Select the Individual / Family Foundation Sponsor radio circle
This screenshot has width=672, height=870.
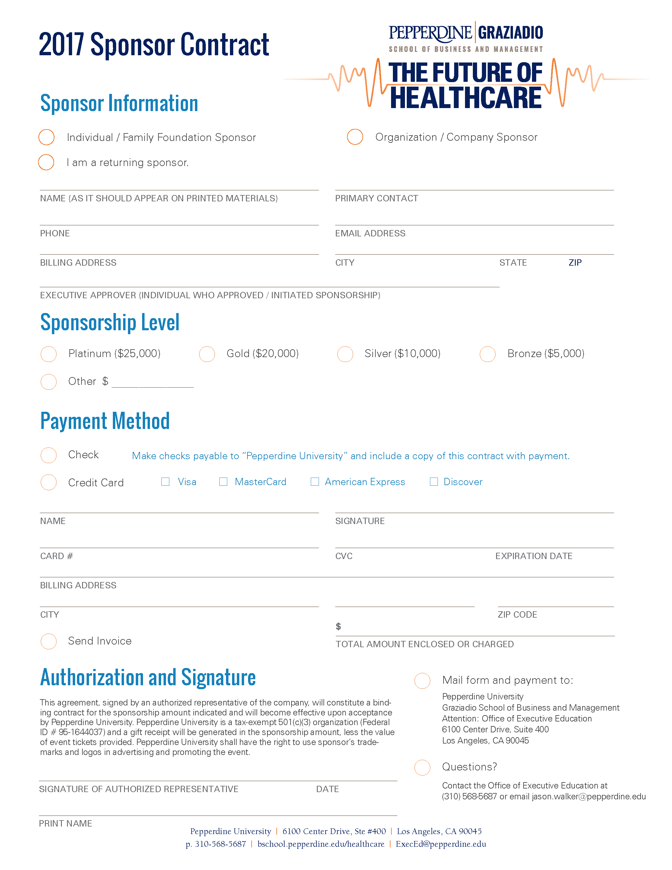[x=46, y=137]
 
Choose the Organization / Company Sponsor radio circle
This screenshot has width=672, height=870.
[x=355, y=137]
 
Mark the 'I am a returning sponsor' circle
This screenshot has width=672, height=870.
[x=46, y=162]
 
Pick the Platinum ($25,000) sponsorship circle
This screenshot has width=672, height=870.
[x=49, y=354]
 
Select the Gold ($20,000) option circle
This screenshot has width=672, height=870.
[x=207, y=354]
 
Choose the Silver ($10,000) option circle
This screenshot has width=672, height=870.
[x=345, y=354]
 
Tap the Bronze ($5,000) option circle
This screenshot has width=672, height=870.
[x=488, y=354]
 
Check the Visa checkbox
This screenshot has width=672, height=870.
[x=165, y=481]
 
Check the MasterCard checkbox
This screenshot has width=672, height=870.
[x=223, y=481]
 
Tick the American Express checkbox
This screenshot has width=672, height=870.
[x=315, y=481]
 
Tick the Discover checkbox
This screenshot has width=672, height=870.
[x=434, y=481]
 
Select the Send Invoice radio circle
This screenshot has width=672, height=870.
[x=49, y=641]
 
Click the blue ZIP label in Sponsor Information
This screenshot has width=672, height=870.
[x=575, y=263]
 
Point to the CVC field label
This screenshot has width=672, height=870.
[x=344, y=556]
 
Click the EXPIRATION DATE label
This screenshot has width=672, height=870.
[x=533, y=556]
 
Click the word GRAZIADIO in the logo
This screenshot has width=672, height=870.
[x=510, y=33]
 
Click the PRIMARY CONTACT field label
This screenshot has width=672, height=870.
[x=377, y=198]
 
